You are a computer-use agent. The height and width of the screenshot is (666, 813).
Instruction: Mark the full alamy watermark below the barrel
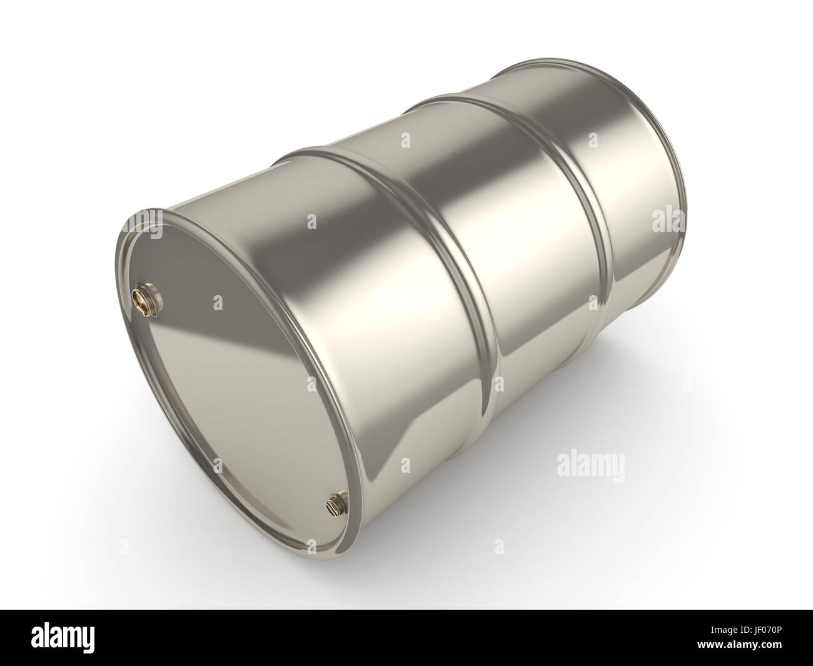pyautogui.click(x=590, y=466)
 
